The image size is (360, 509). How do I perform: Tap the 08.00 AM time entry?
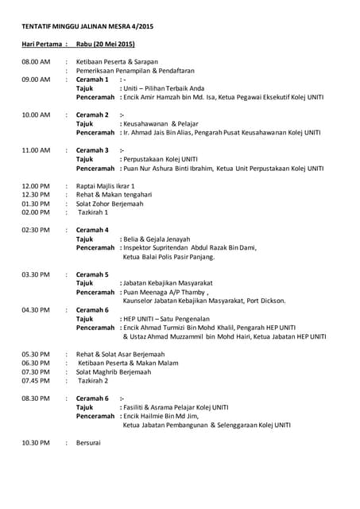[37, 62]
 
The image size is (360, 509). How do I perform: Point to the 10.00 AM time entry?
[37, 115]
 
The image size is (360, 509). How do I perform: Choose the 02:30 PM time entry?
[37, 230]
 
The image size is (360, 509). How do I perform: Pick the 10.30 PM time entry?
[37, 442]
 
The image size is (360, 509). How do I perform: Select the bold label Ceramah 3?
[92, 150]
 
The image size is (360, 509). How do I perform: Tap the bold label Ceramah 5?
[92, 274]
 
